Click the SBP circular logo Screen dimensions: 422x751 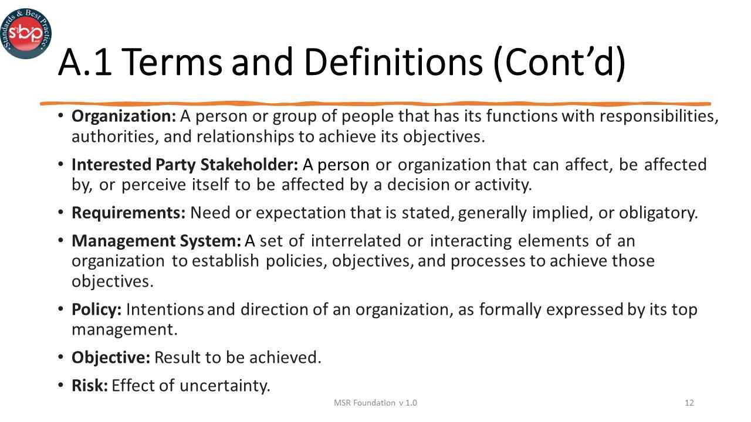[x=26, y=33]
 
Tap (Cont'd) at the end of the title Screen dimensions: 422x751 [x=559, y=62]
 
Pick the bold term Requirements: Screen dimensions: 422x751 [x=128, y=213]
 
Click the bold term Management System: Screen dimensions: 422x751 [x=156, y=241]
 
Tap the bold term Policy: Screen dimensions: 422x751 [x=96, y=309]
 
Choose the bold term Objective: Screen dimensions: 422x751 [x=111, y=358]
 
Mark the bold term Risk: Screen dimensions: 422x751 [x=90, y=386]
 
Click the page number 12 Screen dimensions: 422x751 [x=689, y=403]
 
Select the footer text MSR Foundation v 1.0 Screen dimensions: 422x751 [x=375, y=403]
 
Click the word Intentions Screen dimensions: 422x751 [x=165, y=309]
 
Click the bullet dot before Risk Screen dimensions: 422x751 [x=62, y=386]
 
